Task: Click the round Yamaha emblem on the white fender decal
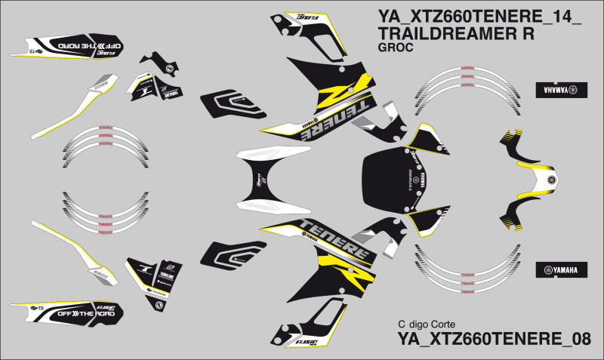pyautogui.click(x=551, y=180)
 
